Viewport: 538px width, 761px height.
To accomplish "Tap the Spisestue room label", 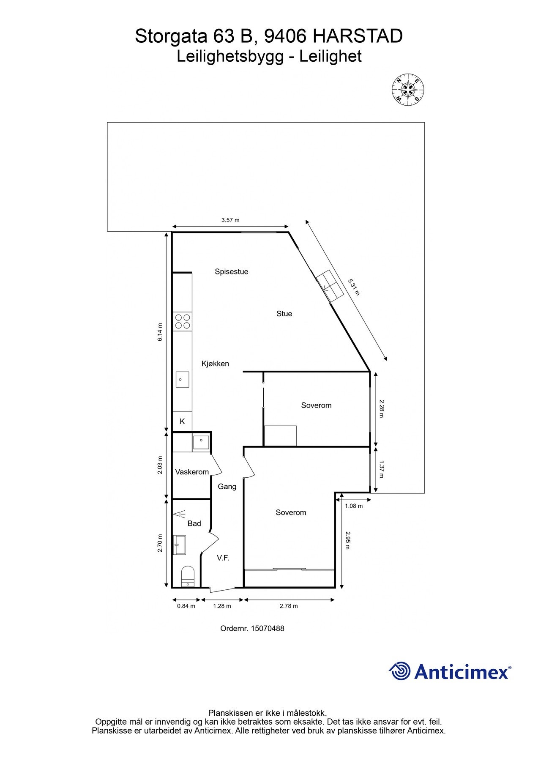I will tap(231, 272).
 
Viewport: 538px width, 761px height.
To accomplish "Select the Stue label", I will tap(284, 314).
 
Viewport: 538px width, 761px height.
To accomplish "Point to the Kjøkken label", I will tap(215, 364).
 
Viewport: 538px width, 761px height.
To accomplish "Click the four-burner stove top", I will tap(182, 321).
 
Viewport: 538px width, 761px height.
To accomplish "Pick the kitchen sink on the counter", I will tap(182, 380).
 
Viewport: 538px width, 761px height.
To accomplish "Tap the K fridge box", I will tap(182, 422).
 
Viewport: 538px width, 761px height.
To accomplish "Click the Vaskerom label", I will tap(192, 472).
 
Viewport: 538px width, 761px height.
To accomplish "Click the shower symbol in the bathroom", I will tap(179, 515).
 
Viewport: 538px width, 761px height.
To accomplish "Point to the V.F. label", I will tap(223, 558).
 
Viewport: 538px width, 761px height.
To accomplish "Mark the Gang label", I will tap(227, 487).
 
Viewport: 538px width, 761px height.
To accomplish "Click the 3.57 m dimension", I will tap(230, 220).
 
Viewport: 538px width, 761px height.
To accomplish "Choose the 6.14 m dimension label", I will tap(160, 332).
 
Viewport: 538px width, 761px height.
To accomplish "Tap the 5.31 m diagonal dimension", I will tap(353, 287).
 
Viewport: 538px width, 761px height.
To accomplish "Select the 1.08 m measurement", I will tap(354, 506).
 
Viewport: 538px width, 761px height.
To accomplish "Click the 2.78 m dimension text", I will tap(289, 606).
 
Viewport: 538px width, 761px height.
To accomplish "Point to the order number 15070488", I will tap(252, 629).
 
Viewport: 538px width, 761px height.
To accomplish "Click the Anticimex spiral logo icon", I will tap(399, 671).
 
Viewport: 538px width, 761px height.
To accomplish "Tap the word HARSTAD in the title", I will tap(358, 37).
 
